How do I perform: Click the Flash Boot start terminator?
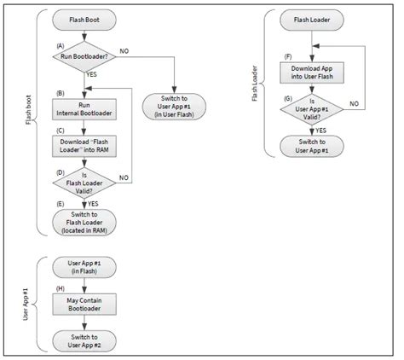[84, 17]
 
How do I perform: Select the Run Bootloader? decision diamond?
[84, 56]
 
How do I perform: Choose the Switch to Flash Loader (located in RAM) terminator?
[84, 221]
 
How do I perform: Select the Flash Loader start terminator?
[314, 17]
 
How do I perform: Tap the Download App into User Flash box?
[314, 73]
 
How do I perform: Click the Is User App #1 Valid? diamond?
[314, 110]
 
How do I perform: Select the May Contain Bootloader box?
[84, 305]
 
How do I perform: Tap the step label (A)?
[59, 44]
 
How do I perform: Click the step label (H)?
[59, 290]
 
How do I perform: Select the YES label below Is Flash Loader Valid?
[94, 204]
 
